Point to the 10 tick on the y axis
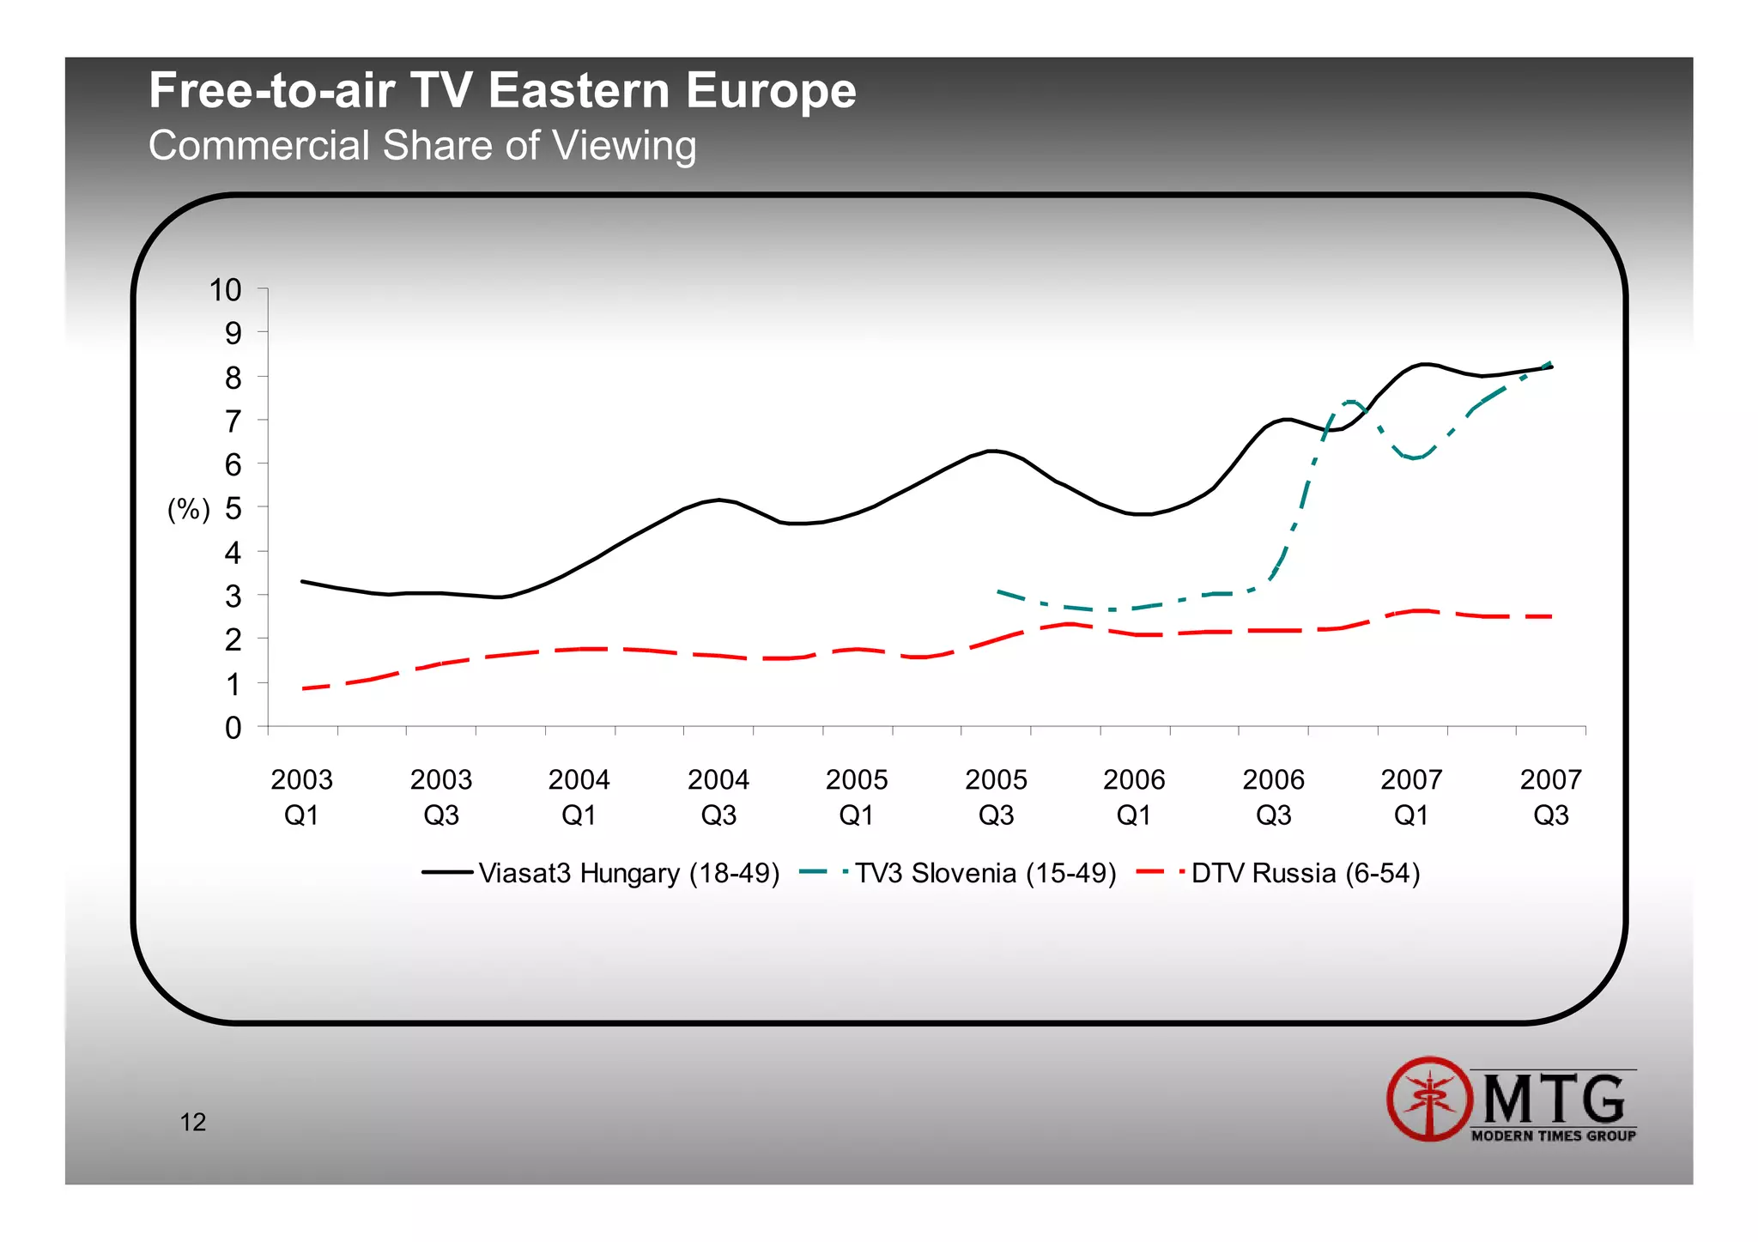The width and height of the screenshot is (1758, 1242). [x=226, y=290]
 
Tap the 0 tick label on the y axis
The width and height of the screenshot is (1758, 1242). [x=233, y=728]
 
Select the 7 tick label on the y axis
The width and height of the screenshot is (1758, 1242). [x=233, y=421]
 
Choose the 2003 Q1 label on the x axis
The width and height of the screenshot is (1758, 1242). [x=301, y=797]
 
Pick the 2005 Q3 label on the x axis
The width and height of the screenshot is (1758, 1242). [x=996, y=797]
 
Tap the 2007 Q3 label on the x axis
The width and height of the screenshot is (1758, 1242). [x=1550, y=797]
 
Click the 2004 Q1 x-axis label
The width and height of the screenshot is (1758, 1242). [x=579, y=797]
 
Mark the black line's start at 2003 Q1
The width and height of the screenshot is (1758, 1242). [x=302, y=581]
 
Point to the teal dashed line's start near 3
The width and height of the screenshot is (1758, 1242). [x=998, y=591]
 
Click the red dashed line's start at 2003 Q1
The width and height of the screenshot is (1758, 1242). [x=304, y=688]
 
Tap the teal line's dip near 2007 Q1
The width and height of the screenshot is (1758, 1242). [x=1413, y=458]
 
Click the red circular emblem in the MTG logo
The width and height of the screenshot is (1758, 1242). [x=1428, y=1099]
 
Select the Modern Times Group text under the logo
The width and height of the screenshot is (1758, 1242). [x=1553, y=1136]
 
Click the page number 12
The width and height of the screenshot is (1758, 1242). [x=193, y=1122]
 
